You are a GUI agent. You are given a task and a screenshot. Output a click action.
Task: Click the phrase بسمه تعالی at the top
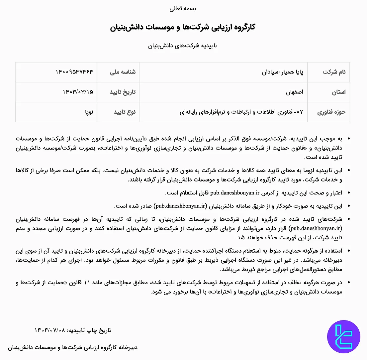pos(183,9)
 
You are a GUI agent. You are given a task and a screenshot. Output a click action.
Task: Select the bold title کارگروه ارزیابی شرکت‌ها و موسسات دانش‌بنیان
pos(183,27)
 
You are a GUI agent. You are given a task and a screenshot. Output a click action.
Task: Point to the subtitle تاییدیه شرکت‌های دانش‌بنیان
pos(183,46)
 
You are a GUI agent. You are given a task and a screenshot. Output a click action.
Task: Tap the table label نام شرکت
pos(334,72)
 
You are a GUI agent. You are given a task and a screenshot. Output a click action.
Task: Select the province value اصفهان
pos(295,92)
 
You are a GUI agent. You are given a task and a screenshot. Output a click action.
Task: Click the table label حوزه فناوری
pos(331,112)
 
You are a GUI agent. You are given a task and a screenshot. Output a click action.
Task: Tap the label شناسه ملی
pos(123,72)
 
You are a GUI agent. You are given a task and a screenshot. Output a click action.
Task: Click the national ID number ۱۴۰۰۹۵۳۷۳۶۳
pos(74,72)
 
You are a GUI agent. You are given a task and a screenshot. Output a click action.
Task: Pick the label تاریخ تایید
pos(123,92)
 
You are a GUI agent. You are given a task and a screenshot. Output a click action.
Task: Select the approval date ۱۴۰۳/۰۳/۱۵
pos(78,92)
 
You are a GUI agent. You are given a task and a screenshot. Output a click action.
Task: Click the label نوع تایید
pos(125,112)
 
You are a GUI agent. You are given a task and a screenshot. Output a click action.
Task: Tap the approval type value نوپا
pos(89,112)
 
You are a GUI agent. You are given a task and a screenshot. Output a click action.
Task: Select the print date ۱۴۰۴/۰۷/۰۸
pos(50,330)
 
